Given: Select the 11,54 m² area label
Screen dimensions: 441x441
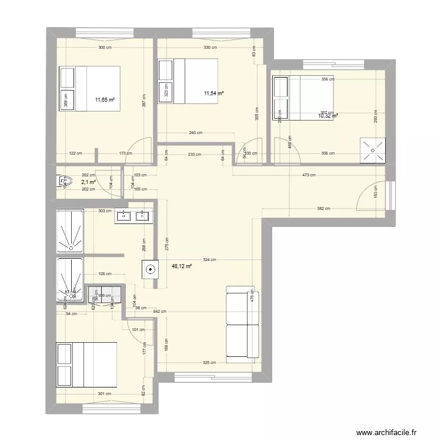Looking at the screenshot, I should (213, 93).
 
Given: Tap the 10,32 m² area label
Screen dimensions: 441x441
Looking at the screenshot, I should (328, 116).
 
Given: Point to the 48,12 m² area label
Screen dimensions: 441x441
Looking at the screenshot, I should (182, 266).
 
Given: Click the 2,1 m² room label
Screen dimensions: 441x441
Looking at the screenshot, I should (88, 182).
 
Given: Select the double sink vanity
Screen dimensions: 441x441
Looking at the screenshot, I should (133, 216).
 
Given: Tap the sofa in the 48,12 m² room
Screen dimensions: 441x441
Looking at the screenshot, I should (242, 322).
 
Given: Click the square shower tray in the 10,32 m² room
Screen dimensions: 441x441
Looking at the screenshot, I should (373, 150).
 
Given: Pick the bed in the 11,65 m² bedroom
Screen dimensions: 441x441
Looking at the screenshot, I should (89, 86).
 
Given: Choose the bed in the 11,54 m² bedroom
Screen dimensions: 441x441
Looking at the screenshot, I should (188, 80).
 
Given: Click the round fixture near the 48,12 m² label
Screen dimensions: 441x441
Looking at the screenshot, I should (151, 270).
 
